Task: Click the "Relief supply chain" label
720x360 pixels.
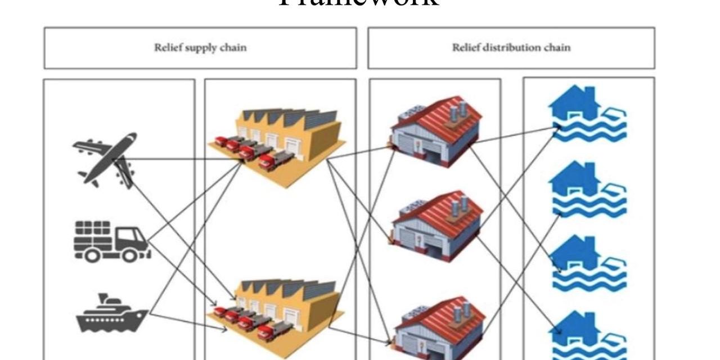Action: click(200, 47)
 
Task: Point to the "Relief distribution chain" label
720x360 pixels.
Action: click(511, 47)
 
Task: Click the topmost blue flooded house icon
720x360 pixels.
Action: click(587, 115)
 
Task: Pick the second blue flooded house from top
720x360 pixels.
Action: click(587, 189)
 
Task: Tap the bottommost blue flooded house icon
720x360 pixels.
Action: click(587, 334)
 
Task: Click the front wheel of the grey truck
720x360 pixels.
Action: click(130, 256)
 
